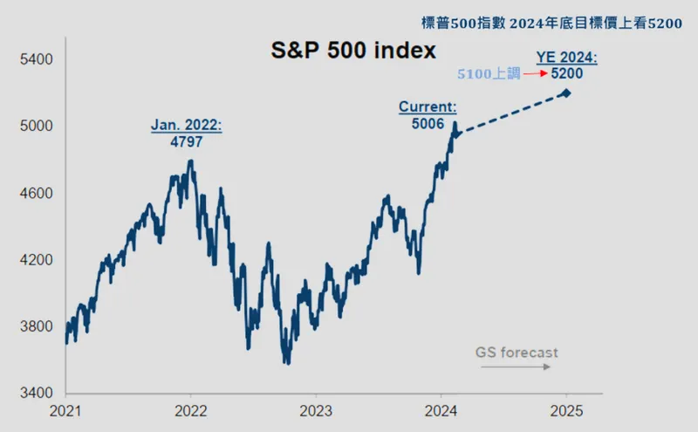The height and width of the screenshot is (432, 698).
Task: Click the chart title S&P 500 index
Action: click(351, 51)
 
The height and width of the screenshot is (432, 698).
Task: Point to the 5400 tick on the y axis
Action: click(37, 59)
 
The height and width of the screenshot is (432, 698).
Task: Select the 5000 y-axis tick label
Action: click(37, 126)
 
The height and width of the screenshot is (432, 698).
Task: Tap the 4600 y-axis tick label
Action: click(37, 193)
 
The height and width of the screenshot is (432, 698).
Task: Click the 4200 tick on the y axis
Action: click(37, 259)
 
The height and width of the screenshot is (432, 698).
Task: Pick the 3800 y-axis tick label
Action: click(37, 326)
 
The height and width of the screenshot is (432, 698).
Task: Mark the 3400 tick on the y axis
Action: click(37, 393)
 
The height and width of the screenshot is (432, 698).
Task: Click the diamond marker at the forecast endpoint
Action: click(566, 93)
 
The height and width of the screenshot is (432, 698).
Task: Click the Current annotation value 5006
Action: click(428, 123)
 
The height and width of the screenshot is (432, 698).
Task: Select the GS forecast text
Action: click(517, 353)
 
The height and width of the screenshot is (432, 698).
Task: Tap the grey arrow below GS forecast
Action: click(515, 367)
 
